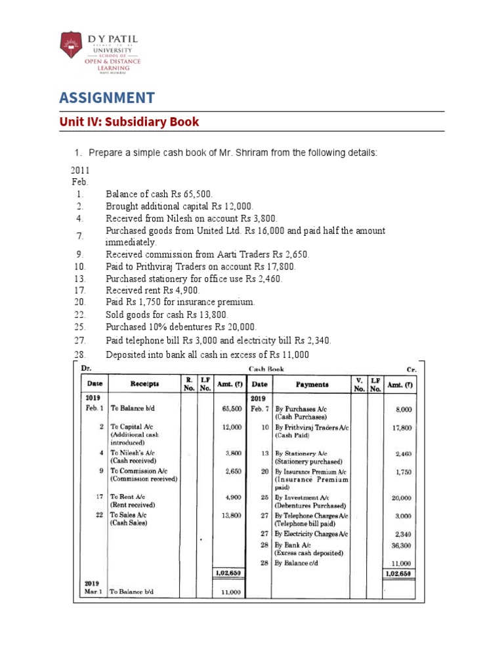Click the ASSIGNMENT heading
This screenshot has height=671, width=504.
tap(107, 98)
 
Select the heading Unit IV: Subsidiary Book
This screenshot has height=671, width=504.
tap(129, 122)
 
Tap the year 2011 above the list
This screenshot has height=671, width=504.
tap(80, 170)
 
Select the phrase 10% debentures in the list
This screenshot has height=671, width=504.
tap(178, 326)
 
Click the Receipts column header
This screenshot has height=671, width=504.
tap(145, 385)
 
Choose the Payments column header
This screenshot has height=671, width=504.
tap(312, 385)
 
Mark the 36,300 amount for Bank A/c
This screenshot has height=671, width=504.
tap(400, 545)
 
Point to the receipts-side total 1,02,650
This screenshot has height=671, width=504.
tap(228, 573)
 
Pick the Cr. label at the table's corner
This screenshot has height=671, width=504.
tap(411, 369)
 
